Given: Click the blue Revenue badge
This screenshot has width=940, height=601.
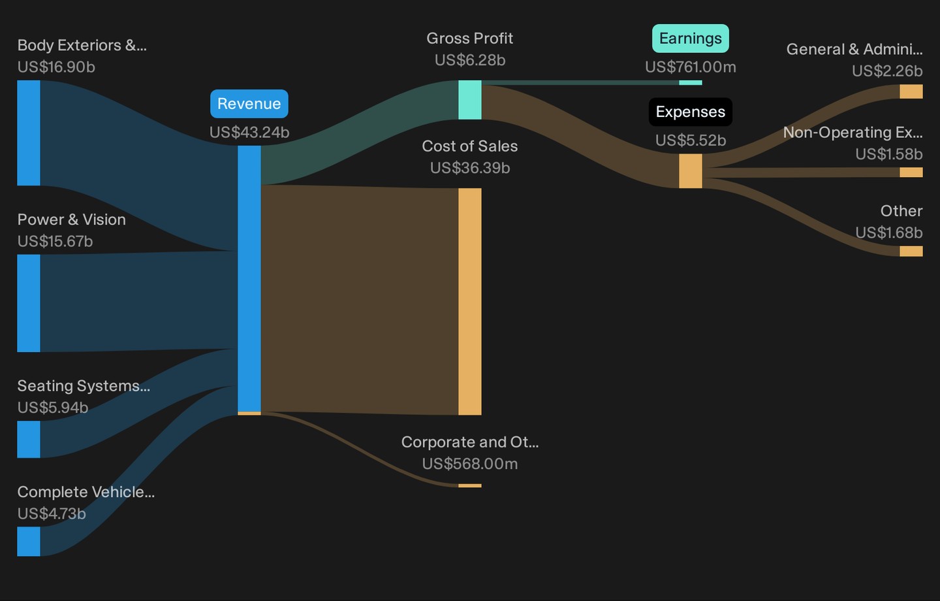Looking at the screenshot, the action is coord(249,104).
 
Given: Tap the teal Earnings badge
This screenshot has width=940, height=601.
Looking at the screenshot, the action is coord(691,39).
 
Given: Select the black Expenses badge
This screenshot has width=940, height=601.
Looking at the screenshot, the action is coord(691,112).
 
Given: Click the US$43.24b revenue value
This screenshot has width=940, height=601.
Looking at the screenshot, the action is coord(249,133).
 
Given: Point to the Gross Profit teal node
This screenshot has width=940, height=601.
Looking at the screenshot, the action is coord(469,100).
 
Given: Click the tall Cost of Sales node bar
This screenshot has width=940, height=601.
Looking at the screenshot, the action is coord(469,302).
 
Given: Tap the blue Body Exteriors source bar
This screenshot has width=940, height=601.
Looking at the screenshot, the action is coord(29,133).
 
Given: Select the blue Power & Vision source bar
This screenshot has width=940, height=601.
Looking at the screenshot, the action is coord(29,303).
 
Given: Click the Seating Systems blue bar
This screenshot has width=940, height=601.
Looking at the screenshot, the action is coord(29,439).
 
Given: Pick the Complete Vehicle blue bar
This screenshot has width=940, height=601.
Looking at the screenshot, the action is coord(29,542).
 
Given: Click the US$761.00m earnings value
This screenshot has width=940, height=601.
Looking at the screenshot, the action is coord(691,67).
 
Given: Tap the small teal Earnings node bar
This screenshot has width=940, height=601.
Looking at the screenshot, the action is coord(691,82).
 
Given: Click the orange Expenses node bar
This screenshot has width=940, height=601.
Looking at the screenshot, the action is coord(691,171).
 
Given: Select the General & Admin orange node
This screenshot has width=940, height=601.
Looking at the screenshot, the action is coord(911,91).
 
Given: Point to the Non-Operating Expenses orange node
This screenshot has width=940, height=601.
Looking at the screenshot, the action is coord(911,172).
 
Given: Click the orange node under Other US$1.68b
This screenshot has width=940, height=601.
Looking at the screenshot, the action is coord(911,251).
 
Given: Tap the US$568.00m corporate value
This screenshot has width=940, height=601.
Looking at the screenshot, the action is coord(469,464).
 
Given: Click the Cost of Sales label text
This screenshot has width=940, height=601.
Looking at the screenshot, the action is coord(469,146).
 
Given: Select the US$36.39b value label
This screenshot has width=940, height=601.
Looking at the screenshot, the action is coord(469,168).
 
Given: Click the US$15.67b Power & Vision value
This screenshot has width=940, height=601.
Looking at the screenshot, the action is coord(55,242).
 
